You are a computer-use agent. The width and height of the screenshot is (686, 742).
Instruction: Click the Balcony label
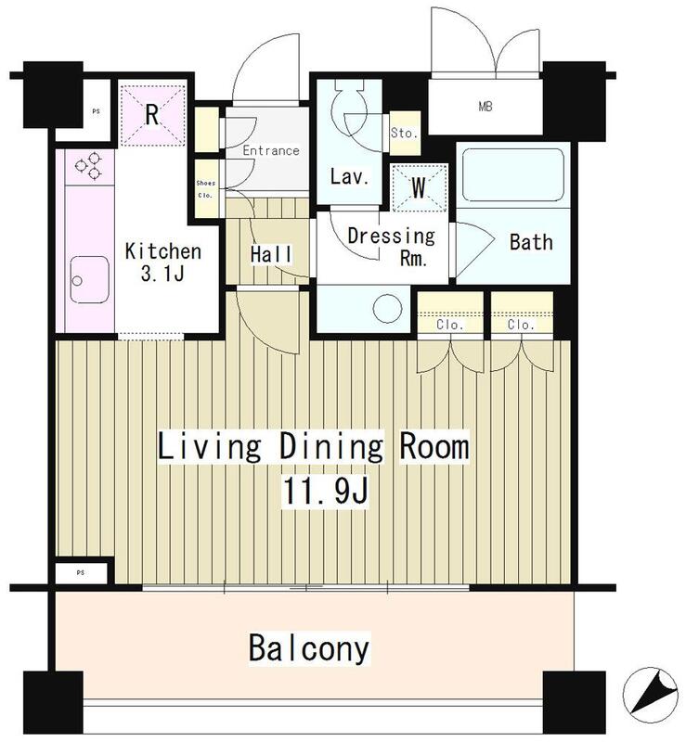click(x=308, y=647)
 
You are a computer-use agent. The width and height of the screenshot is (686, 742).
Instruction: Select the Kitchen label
click(x=163, y=250)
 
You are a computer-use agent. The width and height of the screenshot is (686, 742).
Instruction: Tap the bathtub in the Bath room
click(x=513, y=174)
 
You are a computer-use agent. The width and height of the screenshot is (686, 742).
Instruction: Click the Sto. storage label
click(x=404, y=133)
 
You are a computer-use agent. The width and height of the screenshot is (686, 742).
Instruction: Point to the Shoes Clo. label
click(x=205, y=188)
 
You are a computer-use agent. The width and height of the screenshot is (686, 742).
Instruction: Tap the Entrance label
click(x=270, y=150)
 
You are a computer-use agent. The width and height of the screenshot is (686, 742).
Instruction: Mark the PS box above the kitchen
click(x=96, y=111)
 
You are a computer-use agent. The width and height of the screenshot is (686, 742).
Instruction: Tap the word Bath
click(x=531, y=242)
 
